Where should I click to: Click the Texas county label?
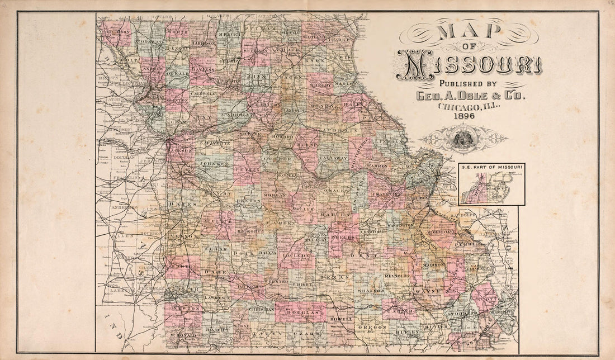335,277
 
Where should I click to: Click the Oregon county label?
372,326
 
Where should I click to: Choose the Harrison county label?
202,42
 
